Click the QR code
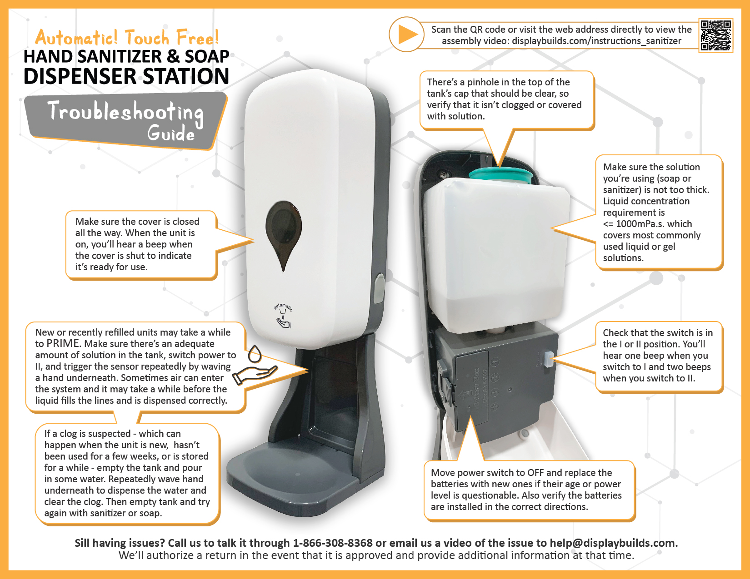(716, 35)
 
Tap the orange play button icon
(406, 35)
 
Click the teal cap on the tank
(500, 175)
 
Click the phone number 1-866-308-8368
(333, 543)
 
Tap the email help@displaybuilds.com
(613, 543)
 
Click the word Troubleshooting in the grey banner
(125, 112)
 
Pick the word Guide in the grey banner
(171, 134)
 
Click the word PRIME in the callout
(64, 344)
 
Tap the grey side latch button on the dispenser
(378, 288)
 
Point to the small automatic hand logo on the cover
(284, 316)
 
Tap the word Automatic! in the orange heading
(76, 37)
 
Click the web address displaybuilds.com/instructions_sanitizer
(596, 41)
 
